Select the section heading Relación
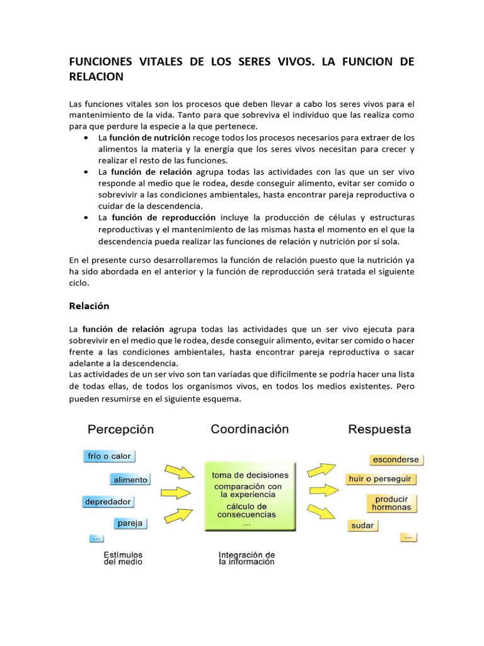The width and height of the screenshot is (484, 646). [88, 306]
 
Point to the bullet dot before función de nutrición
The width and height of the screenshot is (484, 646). [85, 138]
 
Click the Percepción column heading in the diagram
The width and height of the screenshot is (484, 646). [120, 430]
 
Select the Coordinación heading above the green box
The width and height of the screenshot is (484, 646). [250, 430]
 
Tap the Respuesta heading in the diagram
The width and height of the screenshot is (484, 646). [379, 430]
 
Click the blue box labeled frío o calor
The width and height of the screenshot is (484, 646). [109, 456]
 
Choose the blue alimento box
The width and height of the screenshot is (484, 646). [130, 479]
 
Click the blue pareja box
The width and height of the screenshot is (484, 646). [130, 523]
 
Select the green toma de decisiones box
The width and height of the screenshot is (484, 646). [250, 495]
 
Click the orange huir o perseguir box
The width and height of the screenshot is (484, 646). [380, 479]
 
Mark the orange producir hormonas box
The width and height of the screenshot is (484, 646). [391, 503]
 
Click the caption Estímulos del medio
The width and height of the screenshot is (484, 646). [123, 558]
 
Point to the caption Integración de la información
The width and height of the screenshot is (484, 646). [246, 558]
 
